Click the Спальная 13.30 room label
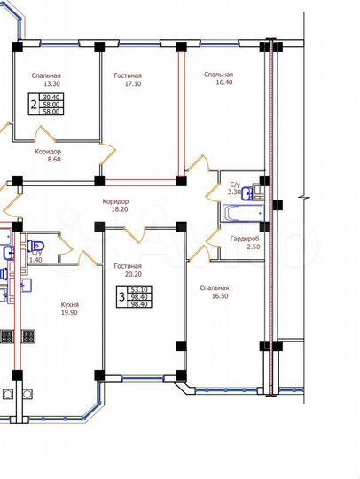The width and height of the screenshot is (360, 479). [x=46, y=80]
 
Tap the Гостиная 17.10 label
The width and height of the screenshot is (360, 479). [x=128, y=80]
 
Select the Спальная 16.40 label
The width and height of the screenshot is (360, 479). [x=218, y=79]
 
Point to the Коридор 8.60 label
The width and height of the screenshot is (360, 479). [x=48, y=156]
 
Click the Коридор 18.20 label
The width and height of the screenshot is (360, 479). [x=115, y=207]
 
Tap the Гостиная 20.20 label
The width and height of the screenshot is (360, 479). [x=128, y=271]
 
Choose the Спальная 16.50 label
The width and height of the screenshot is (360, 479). [x=215, y=293]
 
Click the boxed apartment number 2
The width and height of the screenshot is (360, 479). [x=33, y=104]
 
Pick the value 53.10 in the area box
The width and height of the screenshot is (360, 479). [x=139, y=288]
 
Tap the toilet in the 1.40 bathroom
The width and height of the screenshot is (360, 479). [x=38, y=245]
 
